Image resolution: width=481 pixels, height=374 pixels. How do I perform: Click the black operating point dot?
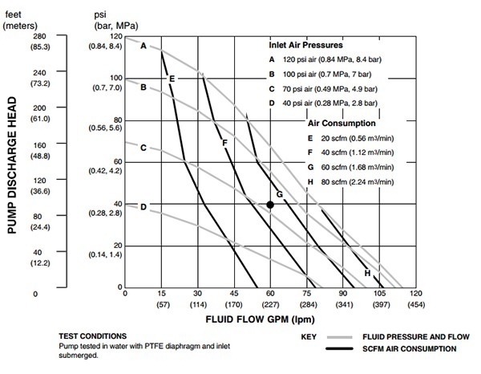coord(270,205)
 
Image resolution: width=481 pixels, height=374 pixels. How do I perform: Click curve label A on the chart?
coord(143,47)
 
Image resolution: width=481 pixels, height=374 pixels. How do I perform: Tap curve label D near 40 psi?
coord(143,207)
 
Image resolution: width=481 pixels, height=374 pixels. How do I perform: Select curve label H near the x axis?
coord(367,273)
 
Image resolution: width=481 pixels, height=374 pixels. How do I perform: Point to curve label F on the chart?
coord(225,143)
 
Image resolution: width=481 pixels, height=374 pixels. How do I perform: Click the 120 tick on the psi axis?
coord(117,37)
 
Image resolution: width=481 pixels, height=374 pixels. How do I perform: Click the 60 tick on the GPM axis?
coord(270,295)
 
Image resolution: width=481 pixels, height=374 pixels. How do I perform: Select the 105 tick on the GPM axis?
coord(379,295)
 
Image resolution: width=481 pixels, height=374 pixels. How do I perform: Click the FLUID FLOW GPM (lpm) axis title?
coord(269,319)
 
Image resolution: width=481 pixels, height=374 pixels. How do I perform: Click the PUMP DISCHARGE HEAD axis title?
coord(12,166)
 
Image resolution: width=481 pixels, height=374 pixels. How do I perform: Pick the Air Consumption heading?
coord(342,124)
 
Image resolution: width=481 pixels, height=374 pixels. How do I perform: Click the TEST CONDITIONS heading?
coord(93,335)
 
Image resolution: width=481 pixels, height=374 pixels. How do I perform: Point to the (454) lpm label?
coord(415,305)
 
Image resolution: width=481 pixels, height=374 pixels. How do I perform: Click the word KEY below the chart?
coord(311,336)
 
